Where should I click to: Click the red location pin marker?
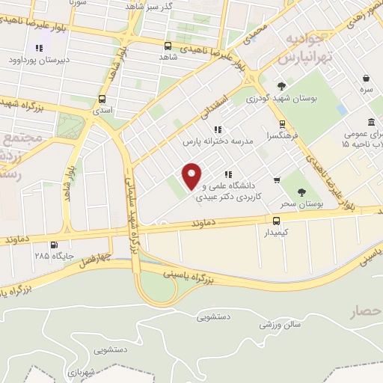click(192, 175)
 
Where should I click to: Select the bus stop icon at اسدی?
click(102, 99)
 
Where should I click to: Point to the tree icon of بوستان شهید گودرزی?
click(281, 85)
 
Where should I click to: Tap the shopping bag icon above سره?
click(366, 78)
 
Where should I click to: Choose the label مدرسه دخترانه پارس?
click(218, 141)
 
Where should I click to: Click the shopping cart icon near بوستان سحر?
click(277, 180)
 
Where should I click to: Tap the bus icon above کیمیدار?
click(277, 220)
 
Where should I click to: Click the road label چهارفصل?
click(96, 259)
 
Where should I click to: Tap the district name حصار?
click(365, 313)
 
